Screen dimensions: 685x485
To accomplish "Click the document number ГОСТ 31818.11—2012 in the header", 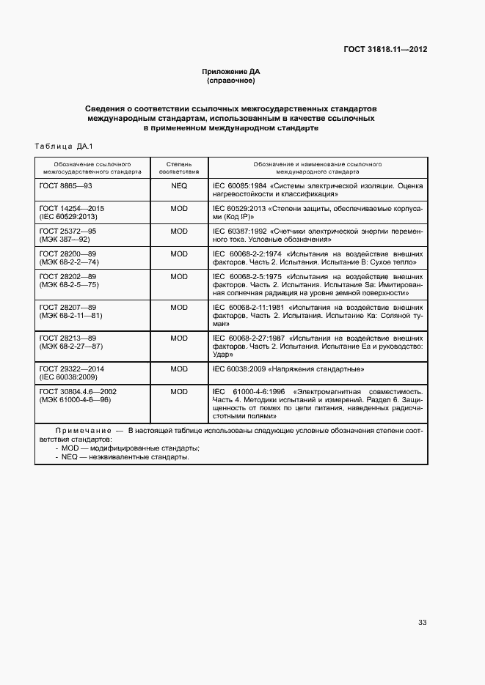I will click(x=385, y=51).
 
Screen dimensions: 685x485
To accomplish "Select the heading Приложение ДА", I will click(x=231, y=71).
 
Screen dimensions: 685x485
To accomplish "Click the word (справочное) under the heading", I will click(x=231, y=80).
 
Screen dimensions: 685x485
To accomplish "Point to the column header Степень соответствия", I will click(x=179, y=169).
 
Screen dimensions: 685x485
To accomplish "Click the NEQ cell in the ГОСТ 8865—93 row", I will click(x=179, y=186).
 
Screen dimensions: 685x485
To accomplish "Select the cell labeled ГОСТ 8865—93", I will click(x=65, y=186).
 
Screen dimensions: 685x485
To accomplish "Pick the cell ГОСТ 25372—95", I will click(x=68, y=231).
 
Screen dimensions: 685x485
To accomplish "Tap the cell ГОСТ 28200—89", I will click(x=68, y=253).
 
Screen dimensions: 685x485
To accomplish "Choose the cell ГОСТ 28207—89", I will click(x=68, y=308).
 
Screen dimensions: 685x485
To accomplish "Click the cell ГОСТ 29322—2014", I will click(x=72, y=369).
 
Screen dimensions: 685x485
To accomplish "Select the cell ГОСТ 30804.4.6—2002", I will click(x=78, y=391).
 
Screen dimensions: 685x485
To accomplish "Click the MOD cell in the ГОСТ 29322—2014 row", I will click(x=179, y=369).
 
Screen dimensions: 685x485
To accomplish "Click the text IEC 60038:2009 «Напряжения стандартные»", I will click(x=288, y=369).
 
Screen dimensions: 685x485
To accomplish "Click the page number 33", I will click(x=422, y=623).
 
